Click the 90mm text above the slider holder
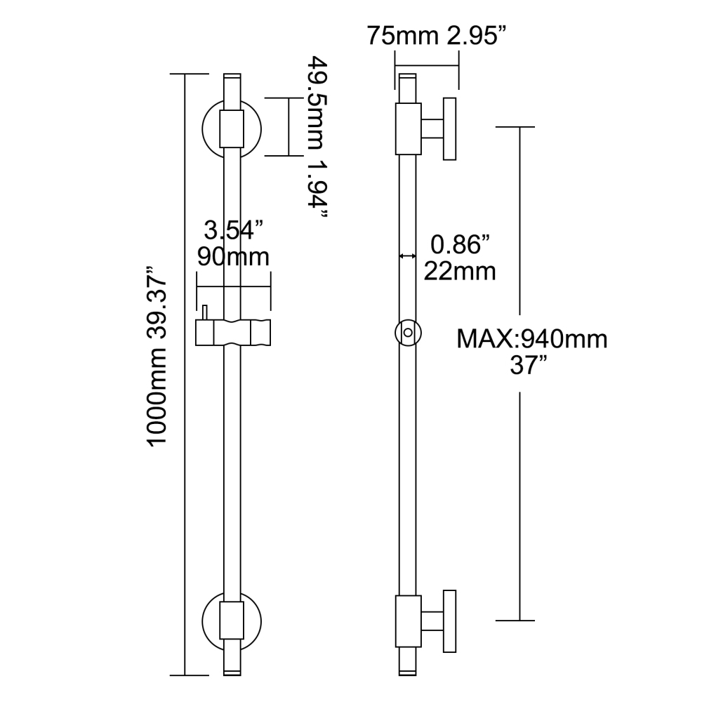click(233, 257)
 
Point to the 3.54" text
click(233, 230)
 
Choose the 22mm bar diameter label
click(460, 271)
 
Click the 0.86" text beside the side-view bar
click(460, 245)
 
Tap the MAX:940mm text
click(532, 340)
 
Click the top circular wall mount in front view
click(232, 130)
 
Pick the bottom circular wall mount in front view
click(232, 621)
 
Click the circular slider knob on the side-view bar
click(409, 333)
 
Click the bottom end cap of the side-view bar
click(409, 673)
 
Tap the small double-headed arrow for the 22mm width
click(407, 257)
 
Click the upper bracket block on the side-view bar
click(409, 128)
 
